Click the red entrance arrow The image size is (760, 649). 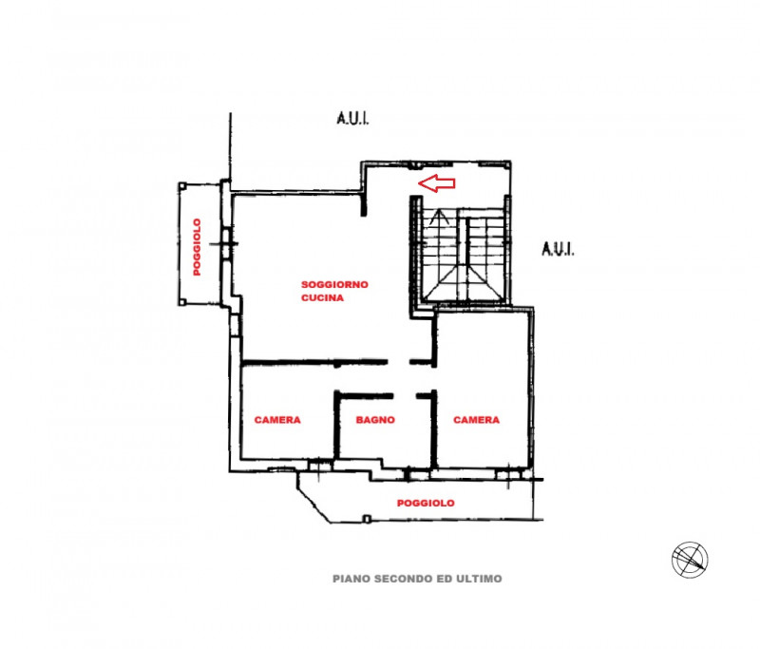(438, 182)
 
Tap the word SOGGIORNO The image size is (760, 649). (334, 284)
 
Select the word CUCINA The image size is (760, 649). (322, 297)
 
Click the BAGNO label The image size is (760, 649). (375, 420)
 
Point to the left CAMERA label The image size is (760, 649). (277, 420)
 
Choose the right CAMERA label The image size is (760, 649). (476, 420)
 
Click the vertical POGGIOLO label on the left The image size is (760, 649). (198, 247)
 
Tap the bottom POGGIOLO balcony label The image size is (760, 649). (426, 503)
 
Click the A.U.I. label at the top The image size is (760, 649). (352, 119)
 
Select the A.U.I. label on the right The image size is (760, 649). (558, 249)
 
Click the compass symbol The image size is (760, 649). (690, 559)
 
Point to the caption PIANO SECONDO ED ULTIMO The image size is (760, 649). (417, 578)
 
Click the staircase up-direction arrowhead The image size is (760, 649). (437, 216)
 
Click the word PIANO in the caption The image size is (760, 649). (351, 578)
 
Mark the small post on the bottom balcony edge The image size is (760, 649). (367, 519)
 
